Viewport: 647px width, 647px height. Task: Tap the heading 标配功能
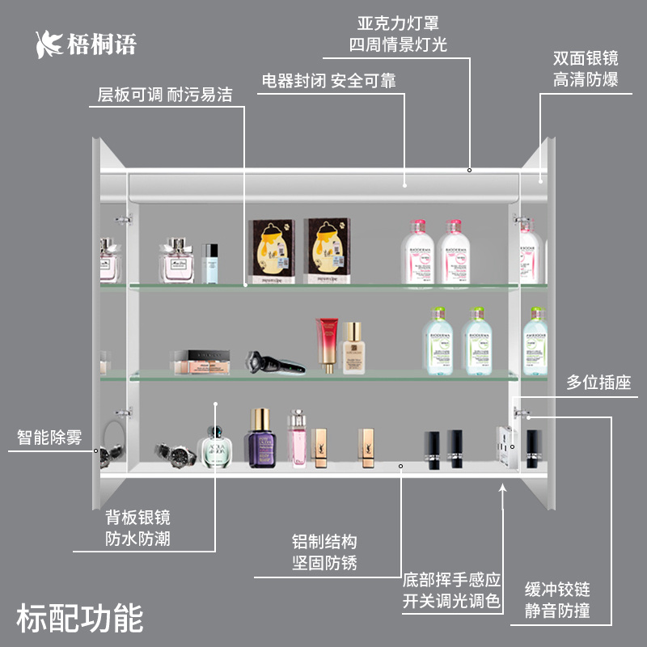79,618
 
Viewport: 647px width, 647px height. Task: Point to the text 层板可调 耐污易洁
165,95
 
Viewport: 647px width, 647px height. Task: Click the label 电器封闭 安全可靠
328,81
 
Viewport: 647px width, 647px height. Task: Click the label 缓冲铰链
557,588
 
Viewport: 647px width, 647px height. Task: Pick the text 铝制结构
324,541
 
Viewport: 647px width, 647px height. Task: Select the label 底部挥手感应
452,580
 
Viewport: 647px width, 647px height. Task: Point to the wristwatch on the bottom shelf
175,455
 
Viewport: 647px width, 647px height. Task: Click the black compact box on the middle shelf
200,361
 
